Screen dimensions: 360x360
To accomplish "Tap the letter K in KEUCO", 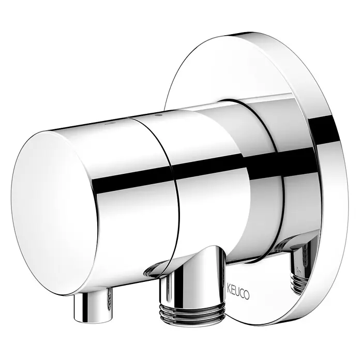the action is [229, 287].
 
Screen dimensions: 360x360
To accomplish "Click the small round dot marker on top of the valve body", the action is [157, 114].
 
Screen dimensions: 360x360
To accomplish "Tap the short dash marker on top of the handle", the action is [108, 123].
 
